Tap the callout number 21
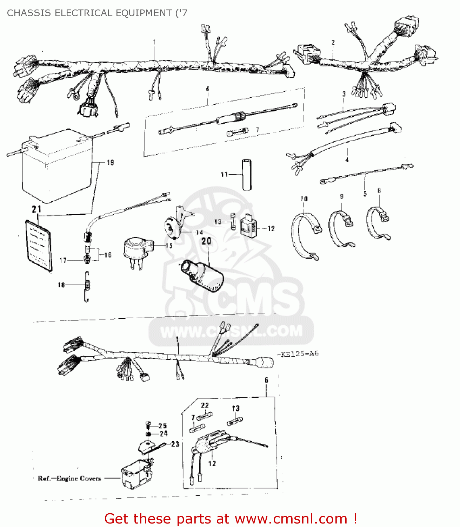(x=36, y=209)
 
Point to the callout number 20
(x=206, y=241)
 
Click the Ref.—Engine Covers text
(x=69, y=479)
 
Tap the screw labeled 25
(x=148, y=425)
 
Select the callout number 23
(x=175, y=444)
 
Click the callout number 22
(x=205, y=405)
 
